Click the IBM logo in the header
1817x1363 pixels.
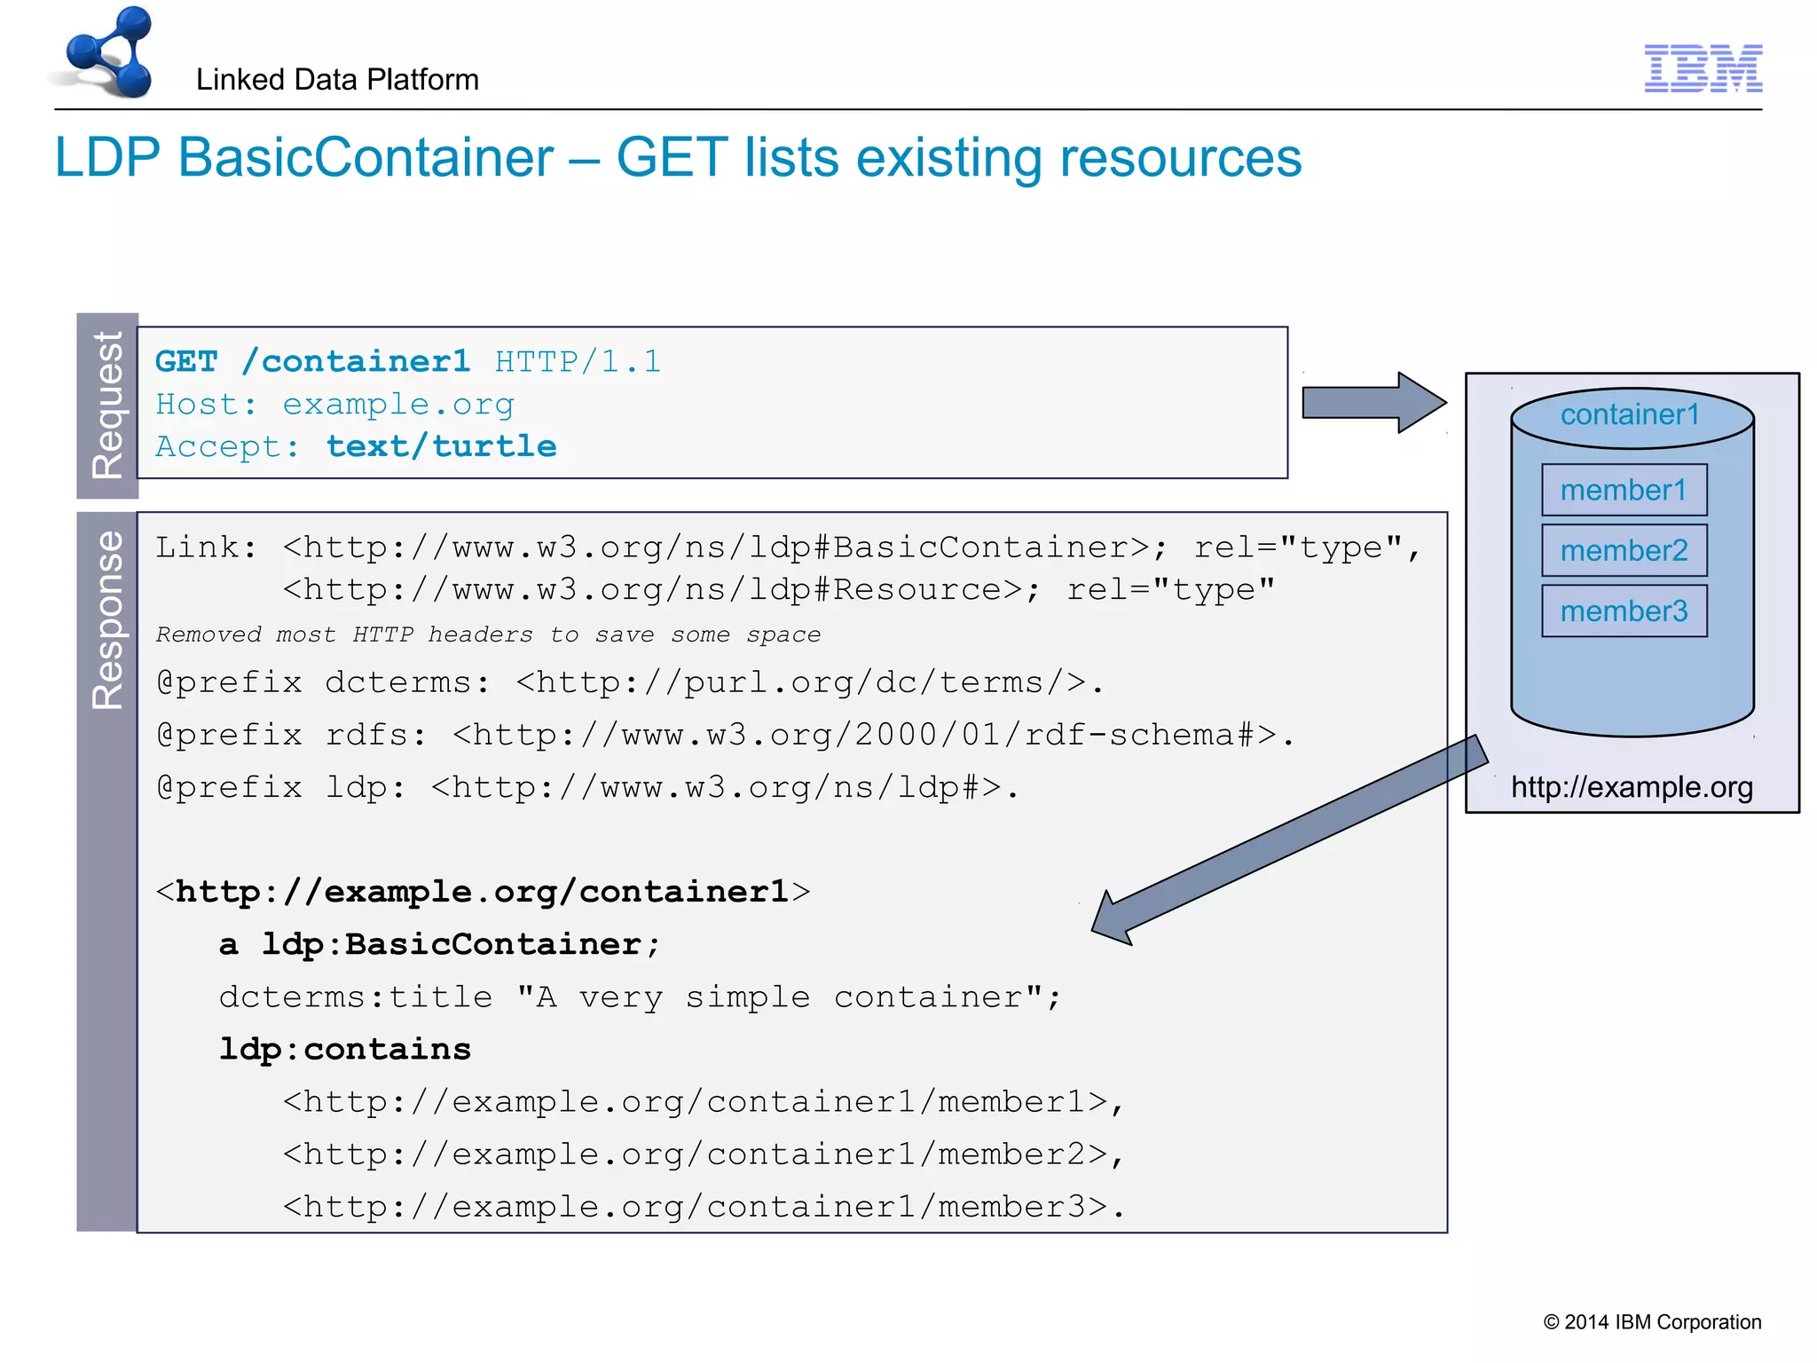[x=1703, y=68]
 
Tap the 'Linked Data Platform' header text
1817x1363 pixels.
[x=337, y=80]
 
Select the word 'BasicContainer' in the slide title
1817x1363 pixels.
[x=366, y=158]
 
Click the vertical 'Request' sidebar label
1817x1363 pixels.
[x=107, y=406]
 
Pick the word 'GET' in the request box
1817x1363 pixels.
[x=186, y=362]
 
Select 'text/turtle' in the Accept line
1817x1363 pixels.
[x=441, y=446]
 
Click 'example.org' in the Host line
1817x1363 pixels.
[x=397, y=405]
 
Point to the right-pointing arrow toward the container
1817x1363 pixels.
[x=1373, y=403]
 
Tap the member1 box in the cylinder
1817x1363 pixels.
[x=1624, y=490]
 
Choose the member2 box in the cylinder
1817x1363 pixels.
[x=1624, y=550]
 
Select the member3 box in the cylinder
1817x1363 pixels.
[x=1624, y=611]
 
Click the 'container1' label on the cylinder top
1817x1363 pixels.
[x=1630, y=414]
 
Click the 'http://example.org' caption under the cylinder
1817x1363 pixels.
[x=1632, y=787]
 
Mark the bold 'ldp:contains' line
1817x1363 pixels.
[x=344, y=1050]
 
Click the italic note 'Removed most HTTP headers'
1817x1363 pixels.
[x=488, y=634]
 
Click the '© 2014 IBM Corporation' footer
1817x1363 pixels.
[x=1652, y=1322]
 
